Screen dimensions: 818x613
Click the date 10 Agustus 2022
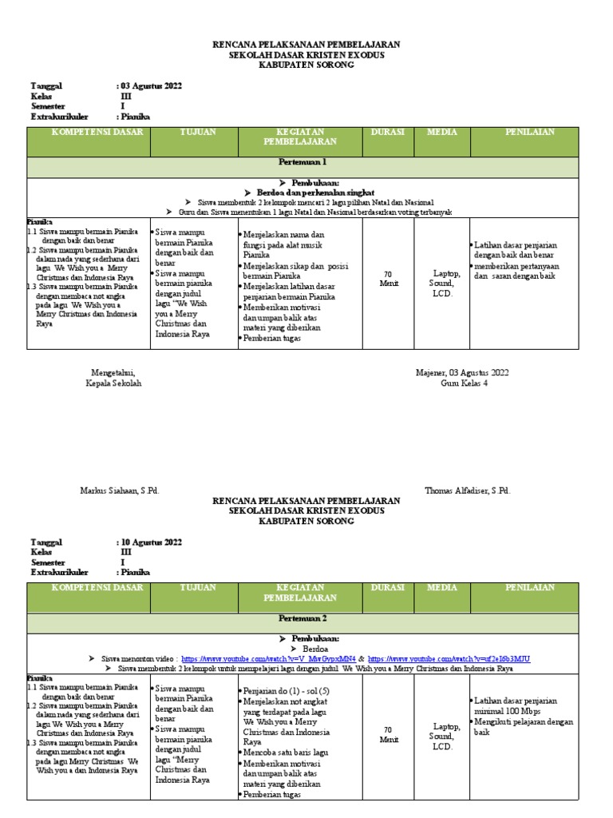[x=151, y=542]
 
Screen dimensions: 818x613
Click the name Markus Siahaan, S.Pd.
[x=120, y=490]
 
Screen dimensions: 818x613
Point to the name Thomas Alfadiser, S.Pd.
[x=467, y=490]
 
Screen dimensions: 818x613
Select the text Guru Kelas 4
[x=464, y=383]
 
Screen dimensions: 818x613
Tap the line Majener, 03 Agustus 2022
[x=462, y=373]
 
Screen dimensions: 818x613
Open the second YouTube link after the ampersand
[x=448, y=659]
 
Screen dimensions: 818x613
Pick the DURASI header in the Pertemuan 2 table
[x=388, y=588]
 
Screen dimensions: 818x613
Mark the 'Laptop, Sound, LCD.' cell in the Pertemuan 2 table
[x=442, y=737]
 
